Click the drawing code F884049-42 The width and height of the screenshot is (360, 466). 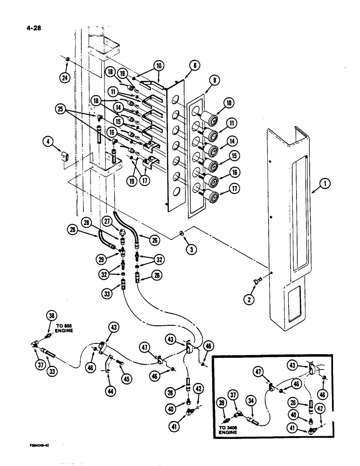38,445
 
